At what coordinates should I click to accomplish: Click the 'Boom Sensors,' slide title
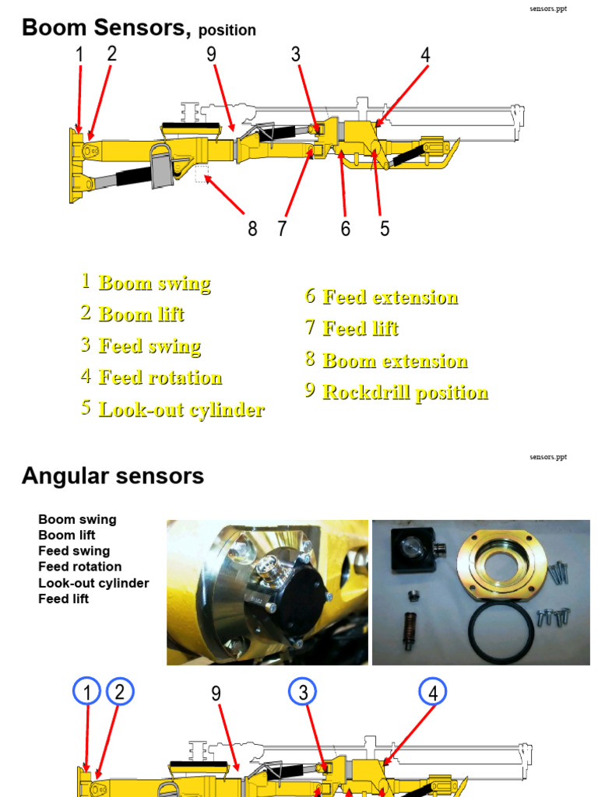coord(106,28)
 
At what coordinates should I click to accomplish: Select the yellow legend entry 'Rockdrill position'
coord(405,392)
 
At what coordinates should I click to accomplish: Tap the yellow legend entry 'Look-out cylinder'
coord(181,410)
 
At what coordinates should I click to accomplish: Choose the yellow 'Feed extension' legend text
coord(390,297)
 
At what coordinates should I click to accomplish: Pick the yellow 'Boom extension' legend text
coord(395,361)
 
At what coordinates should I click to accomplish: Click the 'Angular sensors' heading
coord(113,476)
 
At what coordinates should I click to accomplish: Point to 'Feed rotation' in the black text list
coord(79,567)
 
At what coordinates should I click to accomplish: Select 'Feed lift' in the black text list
coord(63,599)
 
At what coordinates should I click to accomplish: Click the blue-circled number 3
coord(304,692)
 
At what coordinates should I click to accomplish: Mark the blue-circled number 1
coord(87,692)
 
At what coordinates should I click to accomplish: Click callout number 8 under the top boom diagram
coord(252,229)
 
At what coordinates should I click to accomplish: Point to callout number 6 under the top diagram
coord(345,229)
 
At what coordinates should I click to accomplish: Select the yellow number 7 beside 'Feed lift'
coord(310,328)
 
